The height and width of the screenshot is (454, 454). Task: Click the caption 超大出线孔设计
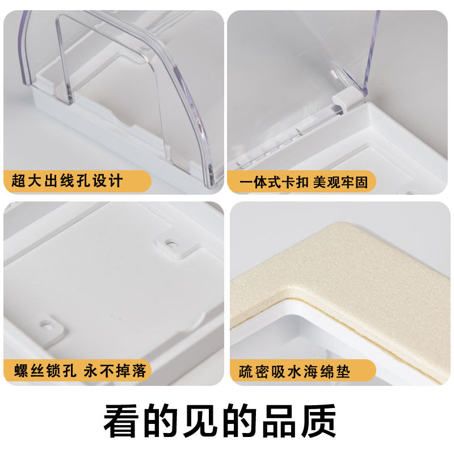67,181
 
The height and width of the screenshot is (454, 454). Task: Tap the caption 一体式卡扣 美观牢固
304,182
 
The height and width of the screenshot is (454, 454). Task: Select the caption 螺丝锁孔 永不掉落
80,371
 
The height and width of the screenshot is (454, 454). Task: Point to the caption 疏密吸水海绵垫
295,372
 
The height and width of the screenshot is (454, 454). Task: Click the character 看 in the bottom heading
120,421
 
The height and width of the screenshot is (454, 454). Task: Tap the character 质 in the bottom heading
318,421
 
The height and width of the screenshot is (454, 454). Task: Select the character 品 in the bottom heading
279,421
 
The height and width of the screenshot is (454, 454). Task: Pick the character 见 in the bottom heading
200,421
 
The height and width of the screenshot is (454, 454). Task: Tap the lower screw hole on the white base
46,325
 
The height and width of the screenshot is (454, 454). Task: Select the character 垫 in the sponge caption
343,372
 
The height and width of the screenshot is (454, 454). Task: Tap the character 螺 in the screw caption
21,371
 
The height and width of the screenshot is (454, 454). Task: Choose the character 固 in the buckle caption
361,182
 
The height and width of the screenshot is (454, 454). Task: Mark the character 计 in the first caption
116,181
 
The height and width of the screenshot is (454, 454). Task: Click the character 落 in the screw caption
139,371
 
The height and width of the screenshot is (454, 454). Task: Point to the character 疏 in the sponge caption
246,372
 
